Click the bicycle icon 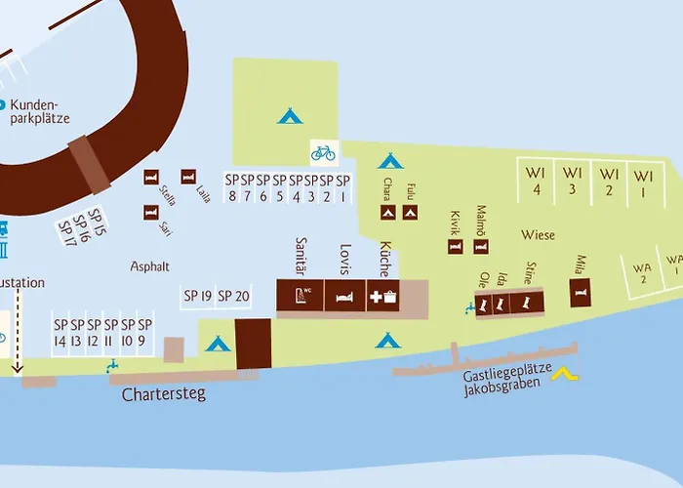click(323, 152)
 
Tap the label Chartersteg click(164, 395)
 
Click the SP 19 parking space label click(197, 296)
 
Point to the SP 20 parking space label click(233, 296)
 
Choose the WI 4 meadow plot click(535, 182)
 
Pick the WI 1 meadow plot click(643, 182)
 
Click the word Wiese click(539, 235)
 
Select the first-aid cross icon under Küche click(376, 297)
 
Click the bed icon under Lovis click(343, 297)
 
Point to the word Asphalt click(150, 265)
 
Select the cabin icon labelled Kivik click(456, 246)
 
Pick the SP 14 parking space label click(60, 333)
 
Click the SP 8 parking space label click(231, 186)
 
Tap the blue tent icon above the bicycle click(289, 116)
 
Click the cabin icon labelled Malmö click(482, 246)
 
